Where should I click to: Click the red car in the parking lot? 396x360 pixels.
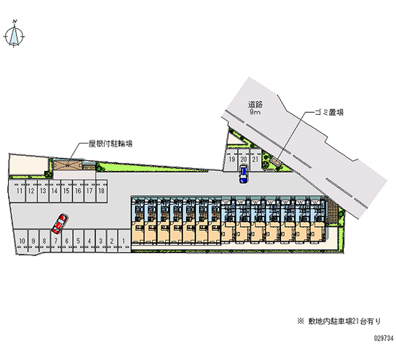[59, 223]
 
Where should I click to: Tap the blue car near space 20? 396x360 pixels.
[243, 174]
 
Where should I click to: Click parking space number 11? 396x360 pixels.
[19, 191]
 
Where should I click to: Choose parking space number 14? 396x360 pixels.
[54, 191]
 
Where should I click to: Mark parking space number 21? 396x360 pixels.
[254, 160]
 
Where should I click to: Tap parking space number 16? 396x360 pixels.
[78, 191]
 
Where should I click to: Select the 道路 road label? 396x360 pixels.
[255, 104]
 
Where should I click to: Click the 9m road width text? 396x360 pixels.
[255, 112]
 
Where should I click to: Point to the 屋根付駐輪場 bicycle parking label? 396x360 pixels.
[110, 144]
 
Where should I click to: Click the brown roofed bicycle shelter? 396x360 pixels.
[67, 166]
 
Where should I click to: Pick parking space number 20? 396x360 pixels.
[243, 160]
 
